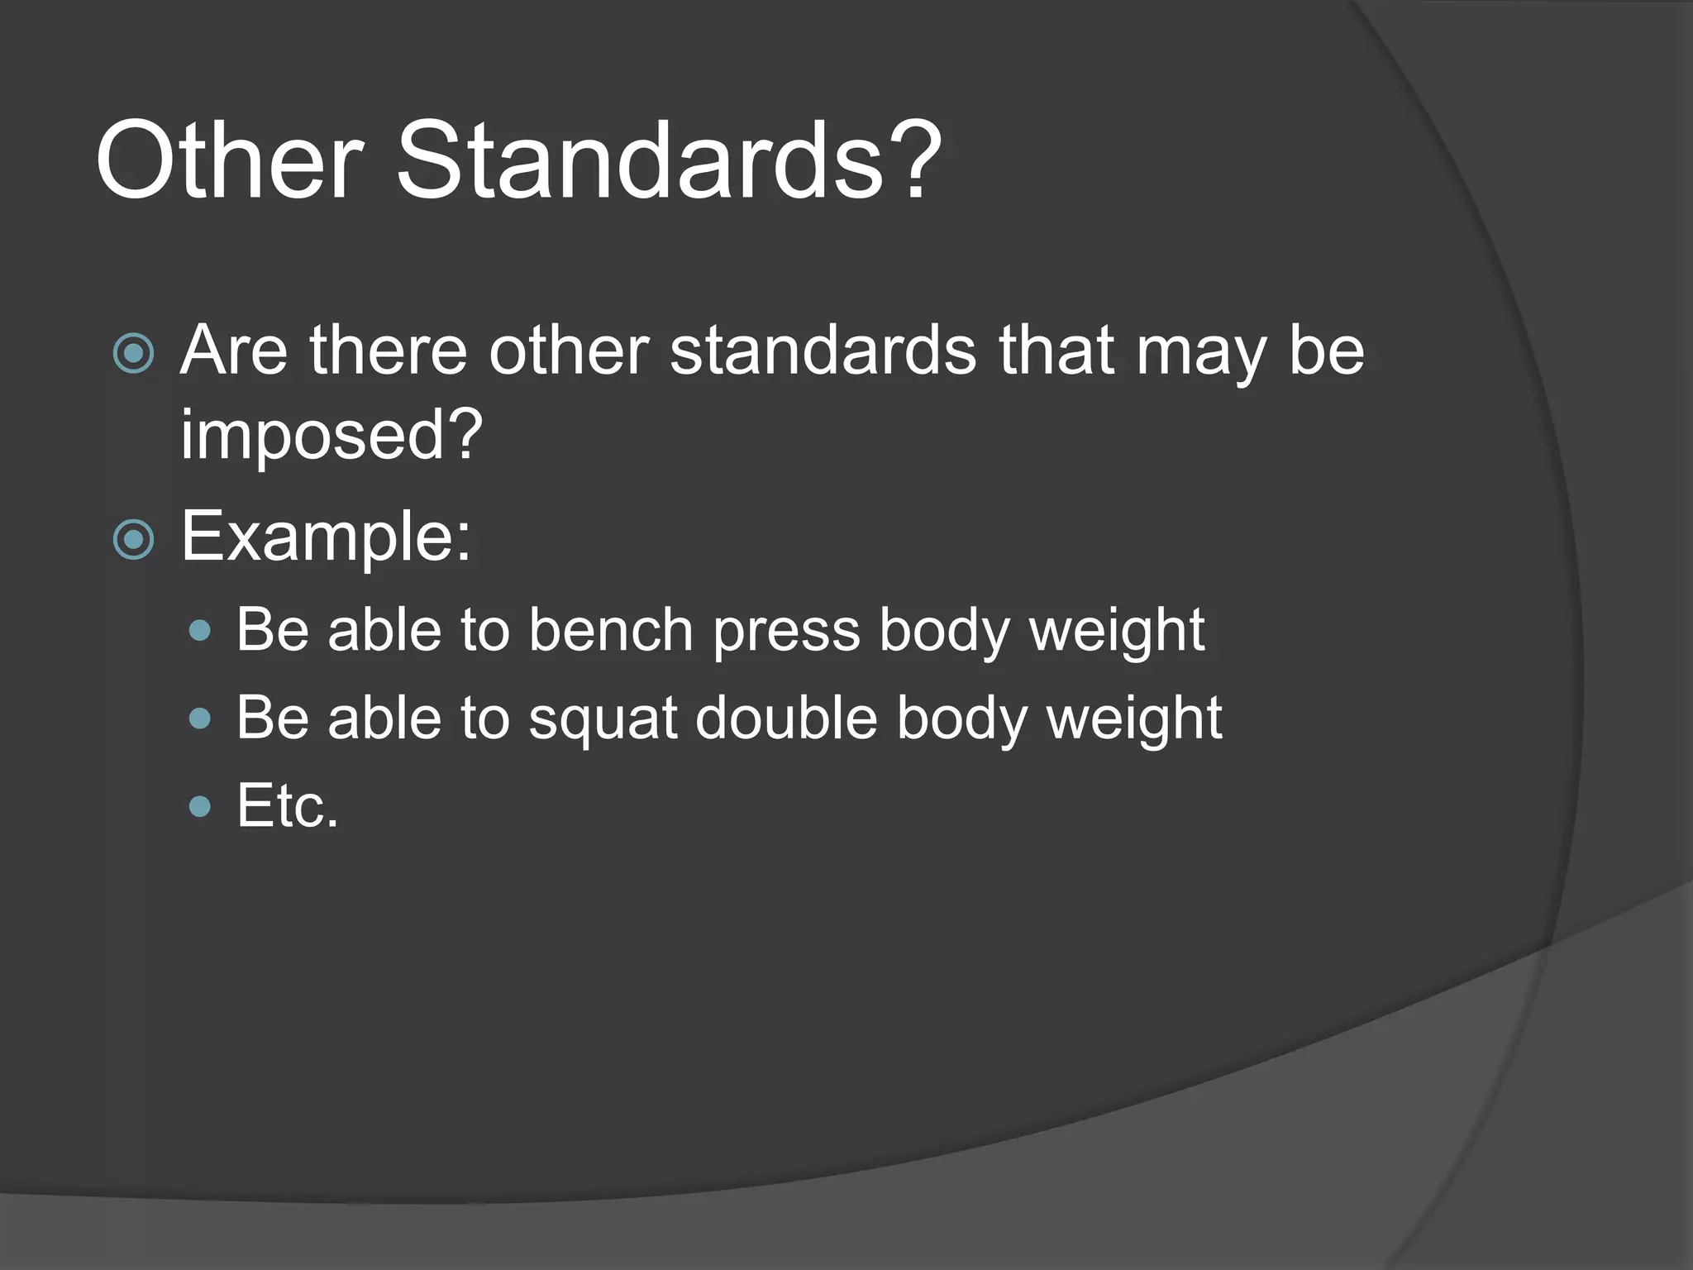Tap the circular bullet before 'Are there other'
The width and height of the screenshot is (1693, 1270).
pyautogui.click(x=133, y=354)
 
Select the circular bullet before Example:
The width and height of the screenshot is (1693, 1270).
pyautogui.click(x=133, y=540)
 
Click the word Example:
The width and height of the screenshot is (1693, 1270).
pyautogui.click(x=326, y=537)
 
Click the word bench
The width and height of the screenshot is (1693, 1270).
pyautogui.click(x=610, y=631)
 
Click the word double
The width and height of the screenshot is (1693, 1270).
pyautogui.click(x=786, y=717)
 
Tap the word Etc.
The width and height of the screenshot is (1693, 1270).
pyautogui.click(x=287, y=805)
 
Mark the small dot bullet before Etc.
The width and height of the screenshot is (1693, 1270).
pyautogui.click(x=200, y=806)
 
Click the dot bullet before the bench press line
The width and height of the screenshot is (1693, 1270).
pyautogui.click(x=200, y=632)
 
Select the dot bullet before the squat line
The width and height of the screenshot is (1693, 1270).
pyautogui.click(x=200, y=719)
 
